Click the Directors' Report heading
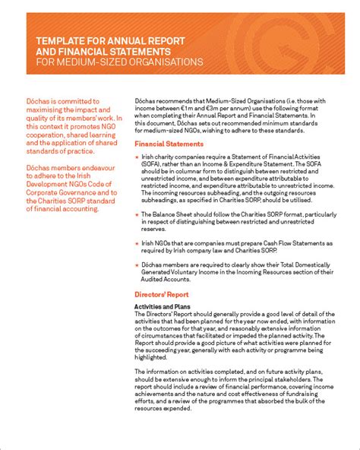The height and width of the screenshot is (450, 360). [x=160, y=293]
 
